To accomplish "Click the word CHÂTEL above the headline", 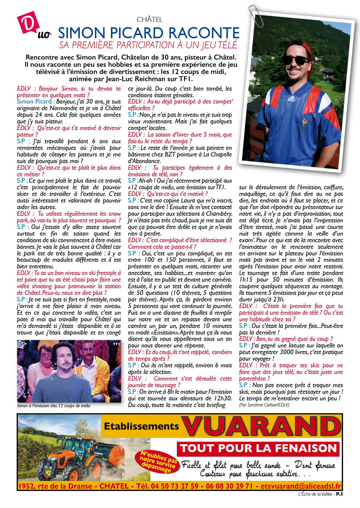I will [x=150, y=20].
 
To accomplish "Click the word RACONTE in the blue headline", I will [x=204, y=33].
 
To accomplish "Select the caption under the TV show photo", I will [x=54, y=406].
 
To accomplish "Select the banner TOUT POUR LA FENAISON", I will [x=258, y=448].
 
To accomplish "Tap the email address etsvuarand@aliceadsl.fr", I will [x=301, y=486].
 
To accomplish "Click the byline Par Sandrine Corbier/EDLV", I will [x=264, y=405].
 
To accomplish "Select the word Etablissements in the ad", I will [x=141, y=426].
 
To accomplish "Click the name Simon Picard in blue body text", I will [x=34, y=102].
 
